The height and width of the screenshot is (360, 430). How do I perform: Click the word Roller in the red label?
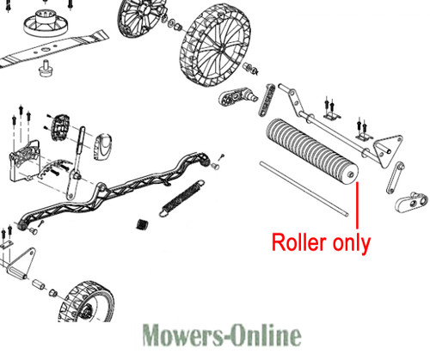299,242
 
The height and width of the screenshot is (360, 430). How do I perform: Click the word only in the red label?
352,243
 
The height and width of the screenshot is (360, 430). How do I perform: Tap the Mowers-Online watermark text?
222,335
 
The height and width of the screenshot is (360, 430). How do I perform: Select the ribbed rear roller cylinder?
312,153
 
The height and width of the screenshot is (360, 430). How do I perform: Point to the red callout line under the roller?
357,205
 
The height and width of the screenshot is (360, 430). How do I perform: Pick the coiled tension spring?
182,198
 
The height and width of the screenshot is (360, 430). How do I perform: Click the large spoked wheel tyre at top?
216,47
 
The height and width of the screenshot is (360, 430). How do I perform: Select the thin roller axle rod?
304,189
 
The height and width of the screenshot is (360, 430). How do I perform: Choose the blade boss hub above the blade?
46,21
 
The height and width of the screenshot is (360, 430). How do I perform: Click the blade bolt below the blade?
45,69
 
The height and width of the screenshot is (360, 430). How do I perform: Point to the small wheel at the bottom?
86,302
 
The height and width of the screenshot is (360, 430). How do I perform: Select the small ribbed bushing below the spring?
142,224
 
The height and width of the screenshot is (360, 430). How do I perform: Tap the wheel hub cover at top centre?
140,17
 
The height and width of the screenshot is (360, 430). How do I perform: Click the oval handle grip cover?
102,147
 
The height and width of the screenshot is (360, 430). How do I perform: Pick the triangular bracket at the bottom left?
21,264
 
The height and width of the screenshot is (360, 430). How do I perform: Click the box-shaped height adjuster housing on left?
25,161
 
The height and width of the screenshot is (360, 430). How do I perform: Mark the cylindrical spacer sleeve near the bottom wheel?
39,284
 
